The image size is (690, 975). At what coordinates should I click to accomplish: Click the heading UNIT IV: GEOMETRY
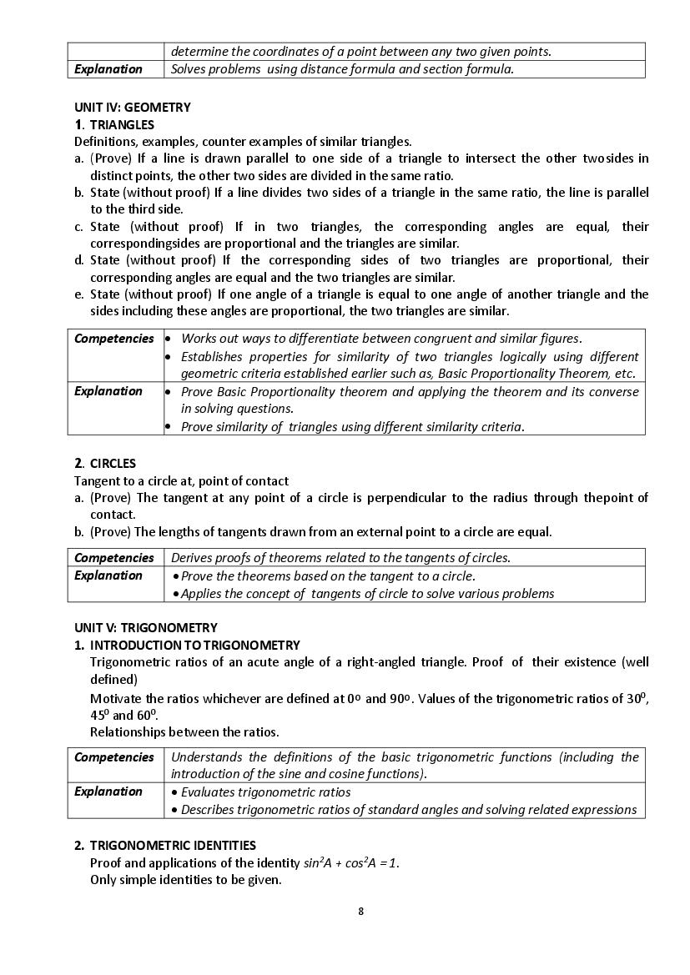133,108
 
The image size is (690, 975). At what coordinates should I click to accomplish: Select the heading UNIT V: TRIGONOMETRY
146,628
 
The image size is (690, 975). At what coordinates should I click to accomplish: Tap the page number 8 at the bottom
360,911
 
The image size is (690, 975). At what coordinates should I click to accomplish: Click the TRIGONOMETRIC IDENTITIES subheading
173,846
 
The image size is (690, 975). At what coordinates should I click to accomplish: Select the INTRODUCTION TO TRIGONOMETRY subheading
195,646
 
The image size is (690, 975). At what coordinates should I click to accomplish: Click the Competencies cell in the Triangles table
114,339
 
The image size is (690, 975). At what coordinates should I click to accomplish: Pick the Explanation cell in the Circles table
108,575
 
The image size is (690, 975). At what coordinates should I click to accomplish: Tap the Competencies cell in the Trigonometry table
114,757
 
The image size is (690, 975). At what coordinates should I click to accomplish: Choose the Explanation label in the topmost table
108,69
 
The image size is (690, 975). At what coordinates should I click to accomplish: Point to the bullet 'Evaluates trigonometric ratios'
265,792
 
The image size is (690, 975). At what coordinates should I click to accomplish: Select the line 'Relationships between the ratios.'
184,732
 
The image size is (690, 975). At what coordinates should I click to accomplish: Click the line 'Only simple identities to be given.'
185,880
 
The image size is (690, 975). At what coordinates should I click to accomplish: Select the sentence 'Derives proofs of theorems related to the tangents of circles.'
340,558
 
